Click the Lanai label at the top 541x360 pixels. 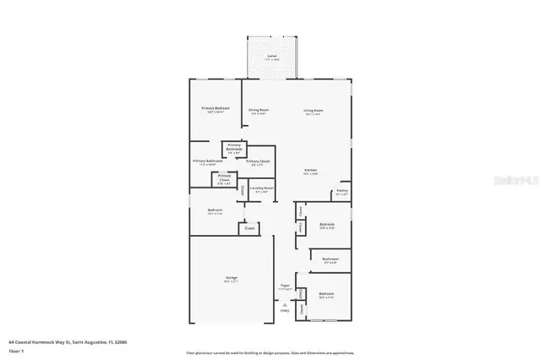coord(272,56)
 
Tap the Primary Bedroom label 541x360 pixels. coord(215,108)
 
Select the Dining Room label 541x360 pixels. coord(259,110)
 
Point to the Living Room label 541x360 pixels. coord(314,110)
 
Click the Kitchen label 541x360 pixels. coord(311,172)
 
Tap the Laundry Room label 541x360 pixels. coord(263,188)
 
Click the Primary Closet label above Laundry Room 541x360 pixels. coord(259,161)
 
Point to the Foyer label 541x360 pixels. coord(286,285)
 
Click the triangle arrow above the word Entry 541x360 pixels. coord(284,303)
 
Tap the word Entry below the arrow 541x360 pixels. coord(284,310)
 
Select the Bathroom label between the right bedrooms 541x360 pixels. coord(330,259)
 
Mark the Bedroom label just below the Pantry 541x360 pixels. coord(326,224)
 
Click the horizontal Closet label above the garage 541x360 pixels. coord(249,228)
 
